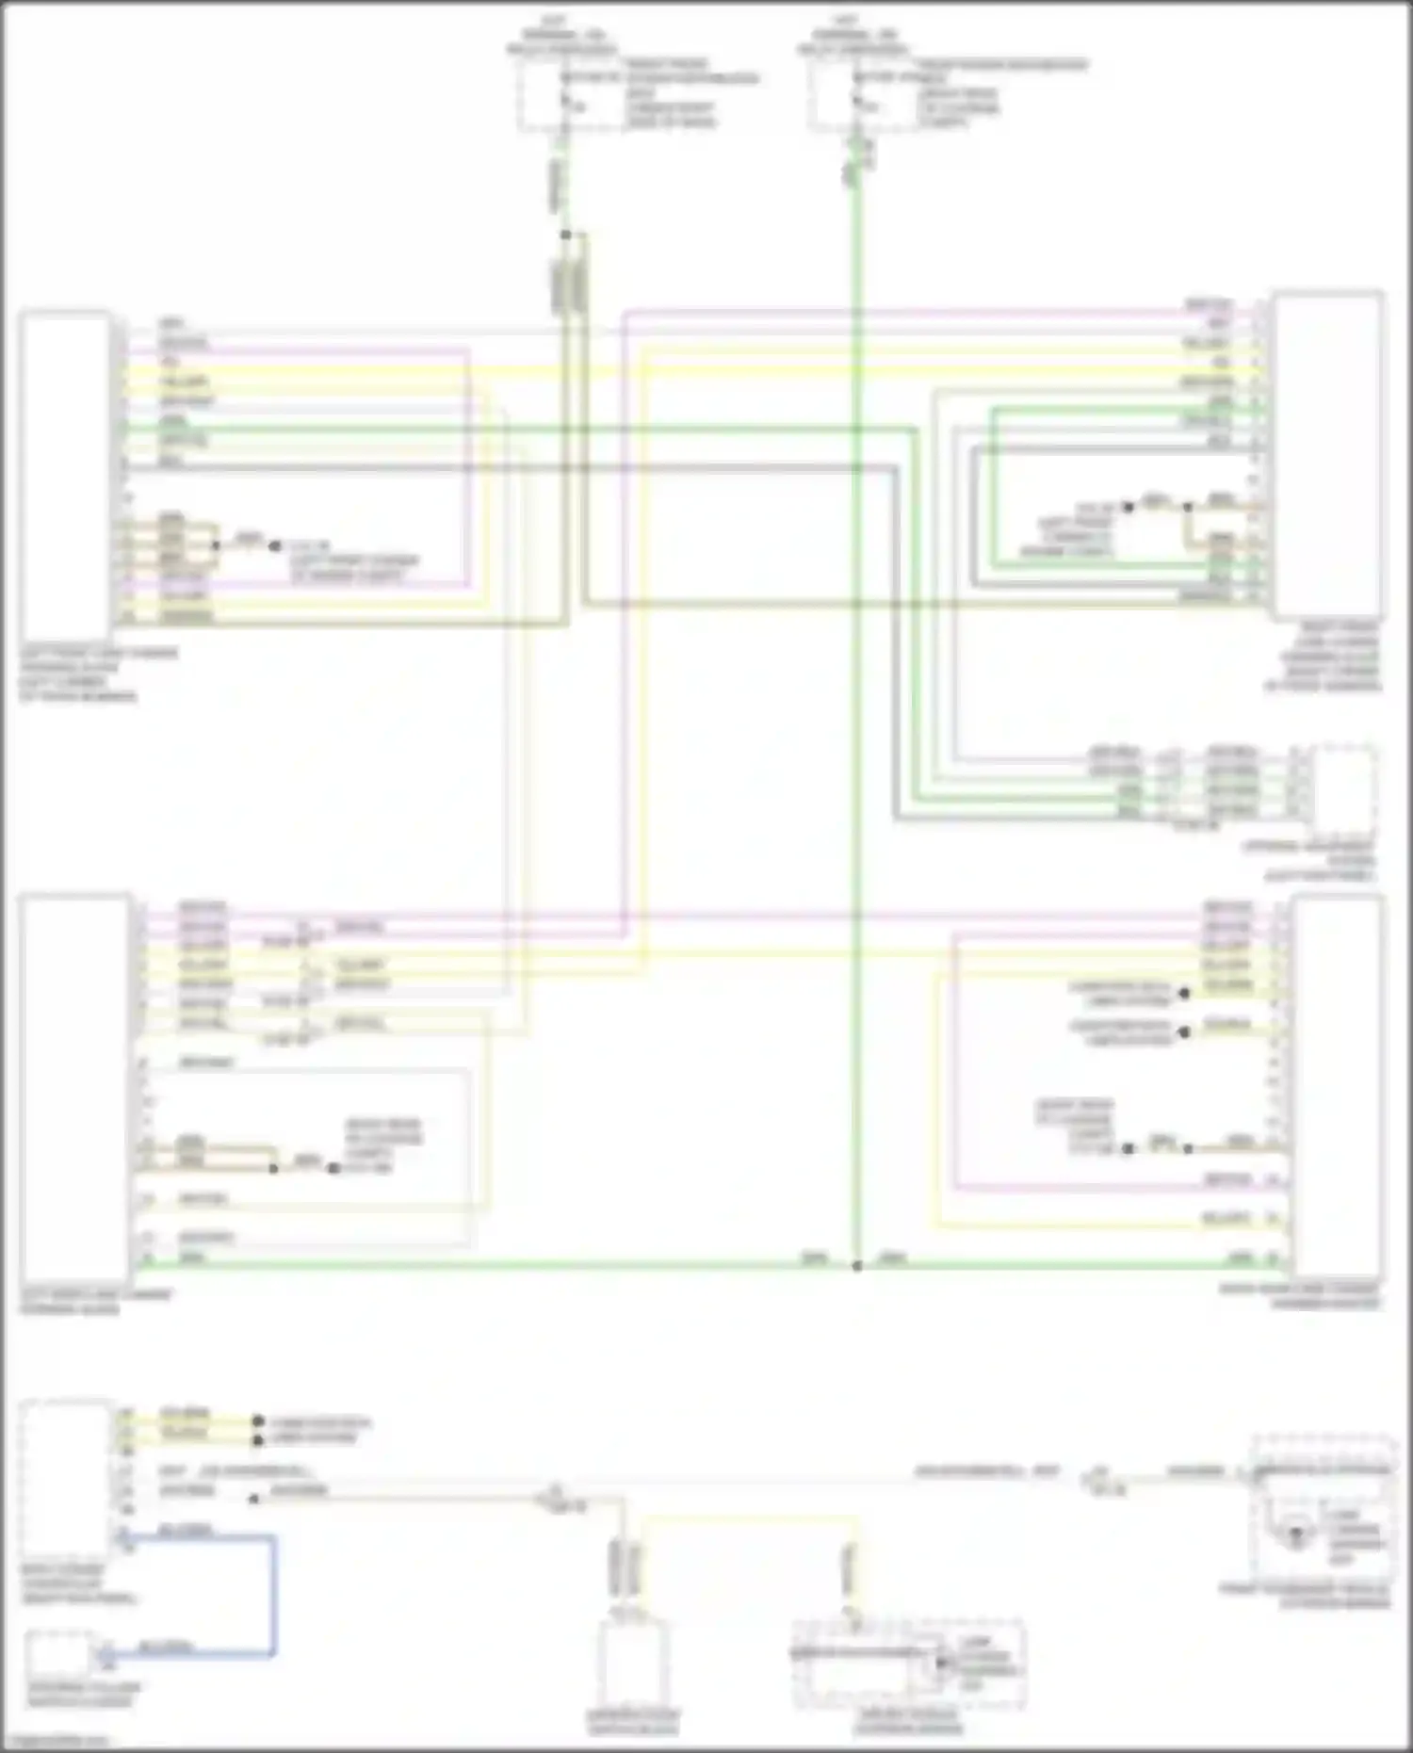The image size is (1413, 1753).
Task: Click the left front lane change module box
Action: click(x=64, y=476)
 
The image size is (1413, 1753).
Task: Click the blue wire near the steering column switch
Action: click(x=274, y=1592)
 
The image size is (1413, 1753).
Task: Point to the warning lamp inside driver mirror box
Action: click(x=940, y=1664)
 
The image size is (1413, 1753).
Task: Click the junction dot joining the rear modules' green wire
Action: click(x=856, y=1266)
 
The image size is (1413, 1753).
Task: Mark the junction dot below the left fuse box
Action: click(x=565, y=235)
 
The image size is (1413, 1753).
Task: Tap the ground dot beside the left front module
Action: click(x=275, y=545)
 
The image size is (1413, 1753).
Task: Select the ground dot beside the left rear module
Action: click(x=333, y=1168)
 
